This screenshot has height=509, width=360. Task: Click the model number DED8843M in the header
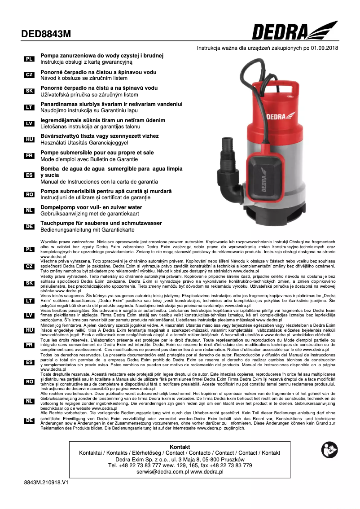[46, 34]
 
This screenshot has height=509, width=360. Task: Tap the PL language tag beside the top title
[29, 59]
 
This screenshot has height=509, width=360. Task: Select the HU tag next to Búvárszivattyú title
[29, 140]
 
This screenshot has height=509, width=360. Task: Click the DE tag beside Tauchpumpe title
[29, 227]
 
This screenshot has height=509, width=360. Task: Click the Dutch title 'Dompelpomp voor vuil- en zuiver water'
[91, 207]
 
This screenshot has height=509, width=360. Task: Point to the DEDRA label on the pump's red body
[278, 116]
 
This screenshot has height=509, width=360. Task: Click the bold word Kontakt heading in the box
[180, 447]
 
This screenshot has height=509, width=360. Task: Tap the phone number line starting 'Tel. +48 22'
[180, 465]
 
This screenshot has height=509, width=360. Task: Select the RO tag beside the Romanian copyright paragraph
[29, 382]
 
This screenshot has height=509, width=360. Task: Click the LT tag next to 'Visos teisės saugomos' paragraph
[29, 301]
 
